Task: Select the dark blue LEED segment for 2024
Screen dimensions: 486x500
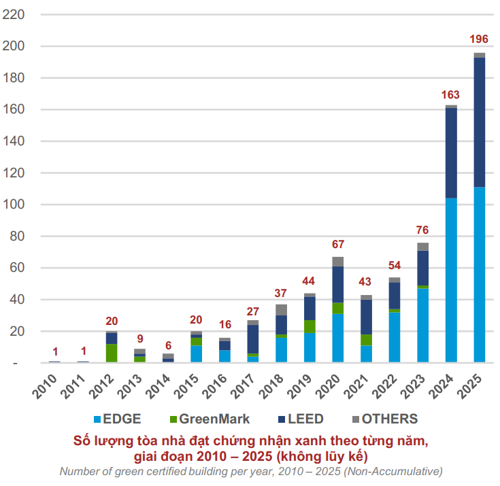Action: point(451,153)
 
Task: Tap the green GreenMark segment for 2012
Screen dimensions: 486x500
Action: point(112,353)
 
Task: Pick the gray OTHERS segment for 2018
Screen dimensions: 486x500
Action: point(282,310)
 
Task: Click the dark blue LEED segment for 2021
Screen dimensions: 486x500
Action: point(366,317)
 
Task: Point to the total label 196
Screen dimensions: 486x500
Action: point(479,39)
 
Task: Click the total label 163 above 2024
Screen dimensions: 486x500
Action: point(451,94)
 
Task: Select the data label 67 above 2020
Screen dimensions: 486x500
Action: point(338,244)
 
